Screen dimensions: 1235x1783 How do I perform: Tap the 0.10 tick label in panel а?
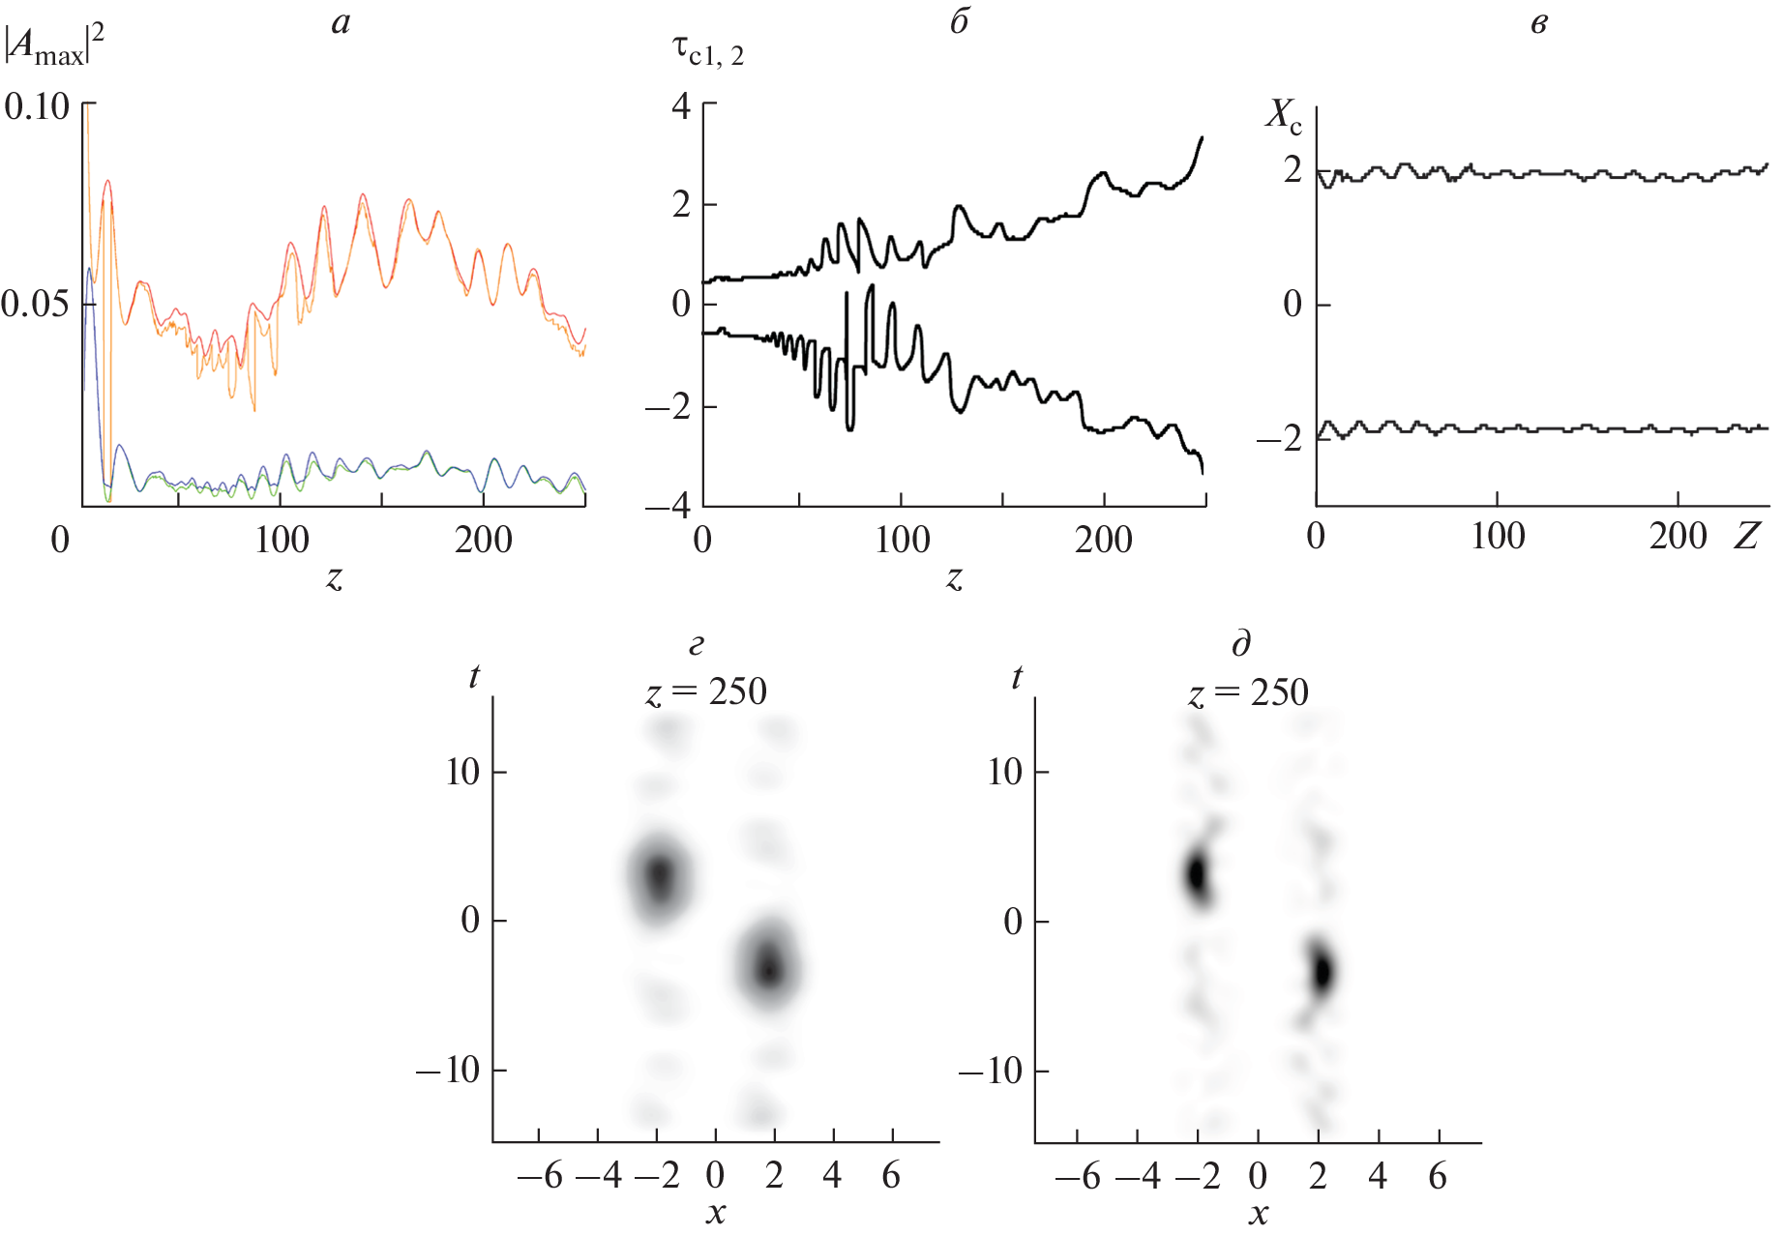(x=37, y=106)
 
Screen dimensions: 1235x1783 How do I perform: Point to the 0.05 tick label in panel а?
(x=35, y=305)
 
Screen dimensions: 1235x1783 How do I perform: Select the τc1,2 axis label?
(x=707, y=49)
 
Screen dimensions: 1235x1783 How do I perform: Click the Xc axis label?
(x=1284, y=115)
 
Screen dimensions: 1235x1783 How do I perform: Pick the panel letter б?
(x=959, y=21)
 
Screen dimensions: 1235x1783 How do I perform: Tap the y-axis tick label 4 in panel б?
(x=682, y=105)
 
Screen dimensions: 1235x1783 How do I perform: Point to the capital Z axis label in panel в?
(x=1746, y=535)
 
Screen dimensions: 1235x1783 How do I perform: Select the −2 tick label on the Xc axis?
(x=1279, y=439)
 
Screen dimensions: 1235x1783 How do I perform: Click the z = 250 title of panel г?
(x=706, y=692)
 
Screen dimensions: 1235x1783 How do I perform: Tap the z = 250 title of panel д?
(x=1248, y=692)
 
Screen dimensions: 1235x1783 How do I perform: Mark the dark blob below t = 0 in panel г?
(x=769, y=967)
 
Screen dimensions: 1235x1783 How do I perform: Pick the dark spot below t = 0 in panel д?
(x=1322, y=971)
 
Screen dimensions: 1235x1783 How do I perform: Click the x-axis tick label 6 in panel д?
(x=1438, y=1176)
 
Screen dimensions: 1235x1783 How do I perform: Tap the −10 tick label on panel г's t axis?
(x=448, y=1070)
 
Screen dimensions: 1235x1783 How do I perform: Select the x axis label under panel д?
(x=1258, y=1213)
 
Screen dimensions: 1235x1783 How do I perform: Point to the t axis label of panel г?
(x=474, y=676)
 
